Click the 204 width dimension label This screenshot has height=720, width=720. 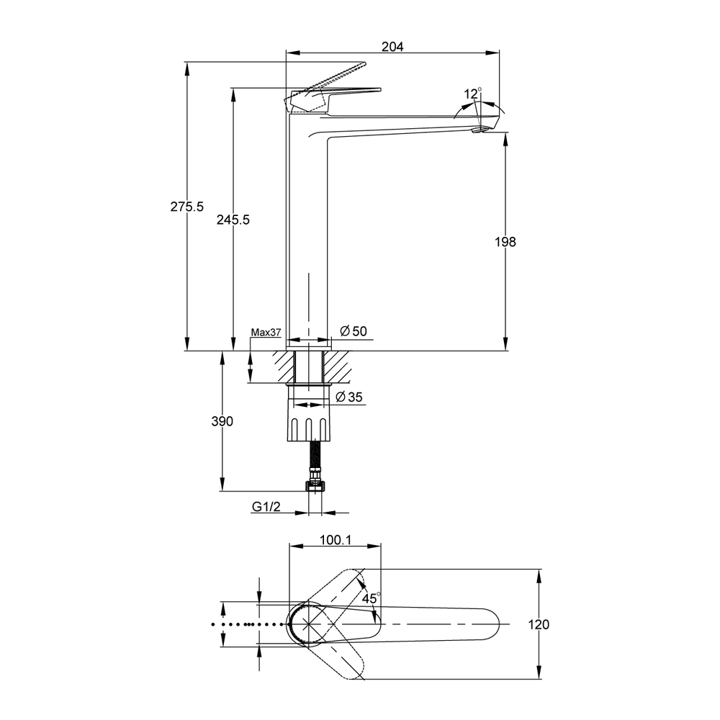[x=392, y=46]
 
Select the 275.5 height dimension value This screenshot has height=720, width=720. [x=187, y=207]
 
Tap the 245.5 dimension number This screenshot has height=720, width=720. [x=233, y=220]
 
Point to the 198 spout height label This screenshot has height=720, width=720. [x=505, y=242]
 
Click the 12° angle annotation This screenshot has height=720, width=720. [x=472, y=93]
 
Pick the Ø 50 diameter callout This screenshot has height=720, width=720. [x=354, y=331]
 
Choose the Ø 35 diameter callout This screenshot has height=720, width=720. [x=349, y=397]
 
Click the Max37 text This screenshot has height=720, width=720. [x=266, y=333]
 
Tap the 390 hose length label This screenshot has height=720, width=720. [x=222, y=421]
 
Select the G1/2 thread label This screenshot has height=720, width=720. [x=266, y=506]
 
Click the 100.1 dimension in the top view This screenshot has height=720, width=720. [x=336, y=540]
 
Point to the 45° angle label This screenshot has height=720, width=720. [x=371, y=598]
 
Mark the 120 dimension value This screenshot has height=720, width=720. [x=539, y=624]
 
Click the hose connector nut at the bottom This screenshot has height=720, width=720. [x=315, y=486]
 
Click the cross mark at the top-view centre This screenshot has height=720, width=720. [x=308, y=624]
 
